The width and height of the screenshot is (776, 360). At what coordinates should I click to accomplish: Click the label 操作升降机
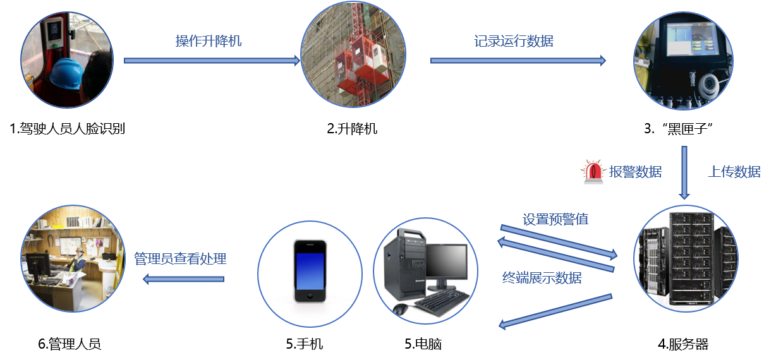209,42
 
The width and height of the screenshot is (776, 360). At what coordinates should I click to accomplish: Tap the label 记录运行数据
514,42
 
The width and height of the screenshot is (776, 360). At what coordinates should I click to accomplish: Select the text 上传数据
734,172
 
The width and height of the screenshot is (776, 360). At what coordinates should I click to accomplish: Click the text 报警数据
636,172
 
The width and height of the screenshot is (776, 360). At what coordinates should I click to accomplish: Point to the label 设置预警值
555,220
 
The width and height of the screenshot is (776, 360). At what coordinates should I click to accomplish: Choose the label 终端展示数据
542,278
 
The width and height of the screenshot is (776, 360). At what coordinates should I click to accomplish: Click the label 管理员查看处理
180,259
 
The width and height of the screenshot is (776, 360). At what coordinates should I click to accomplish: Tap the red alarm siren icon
593,171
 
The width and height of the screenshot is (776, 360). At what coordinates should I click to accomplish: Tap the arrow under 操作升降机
212,61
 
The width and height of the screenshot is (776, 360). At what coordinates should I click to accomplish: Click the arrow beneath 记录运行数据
518,61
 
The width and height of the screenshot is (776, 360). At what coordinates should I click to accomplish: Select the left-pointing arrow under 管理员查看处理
183,279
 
